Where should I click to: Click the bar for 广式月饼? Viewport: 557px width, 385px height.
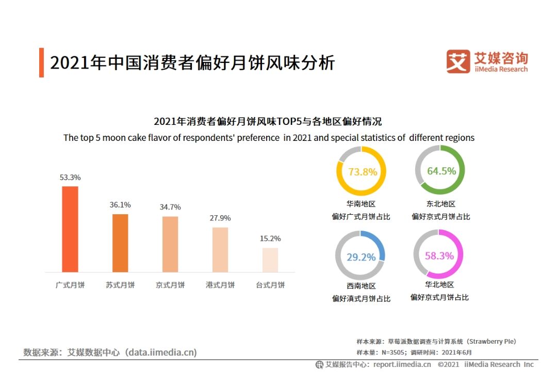click(x=70, y=229)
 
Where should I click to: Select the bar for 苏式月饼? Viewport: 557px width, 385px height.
click(x=120, y=243)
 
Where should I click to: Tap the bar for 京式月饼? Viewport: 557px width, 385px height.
click(x=170, y=244)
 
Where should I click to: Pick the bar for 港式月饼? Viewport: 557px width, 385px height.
click(x=220, y=250)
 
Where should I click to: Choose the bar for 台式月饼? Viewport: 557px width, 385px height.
click(x=270, y=260)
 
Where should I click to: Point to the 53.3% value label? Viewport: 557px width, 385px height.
click(x=70, y=178)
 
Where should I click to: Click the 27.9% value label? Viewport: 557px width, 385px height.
click(x=220, y=218)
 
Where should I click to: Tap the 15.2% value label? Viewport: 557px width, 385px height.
click(x=270, y=239)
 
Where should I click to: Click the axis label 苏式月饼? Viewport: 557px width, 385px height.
click(x=120, y=285)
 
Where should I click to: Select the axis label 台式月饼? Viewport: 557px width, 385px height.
click(x=270, y=285)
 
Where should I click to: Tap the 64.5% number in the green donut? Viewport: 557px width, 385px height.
click(x=441, y=171)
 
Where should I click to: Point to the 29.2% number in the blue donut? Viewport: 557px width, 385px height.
click(x=361, y=257)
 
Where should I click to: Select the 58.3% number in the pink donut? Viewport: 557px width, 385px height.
click(x=439, y=256)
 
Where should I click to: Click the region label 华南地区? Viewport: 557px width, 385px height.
click(x=361, y=204)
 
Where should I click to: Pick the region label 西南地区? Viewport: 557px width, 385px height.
click(x=361, y=286)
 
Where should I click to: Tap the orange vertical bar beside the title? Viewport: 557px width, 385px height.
click(x=42, y=62)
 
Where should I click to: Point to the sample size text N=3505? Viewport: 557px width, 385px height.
click(x=394, y=352)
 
